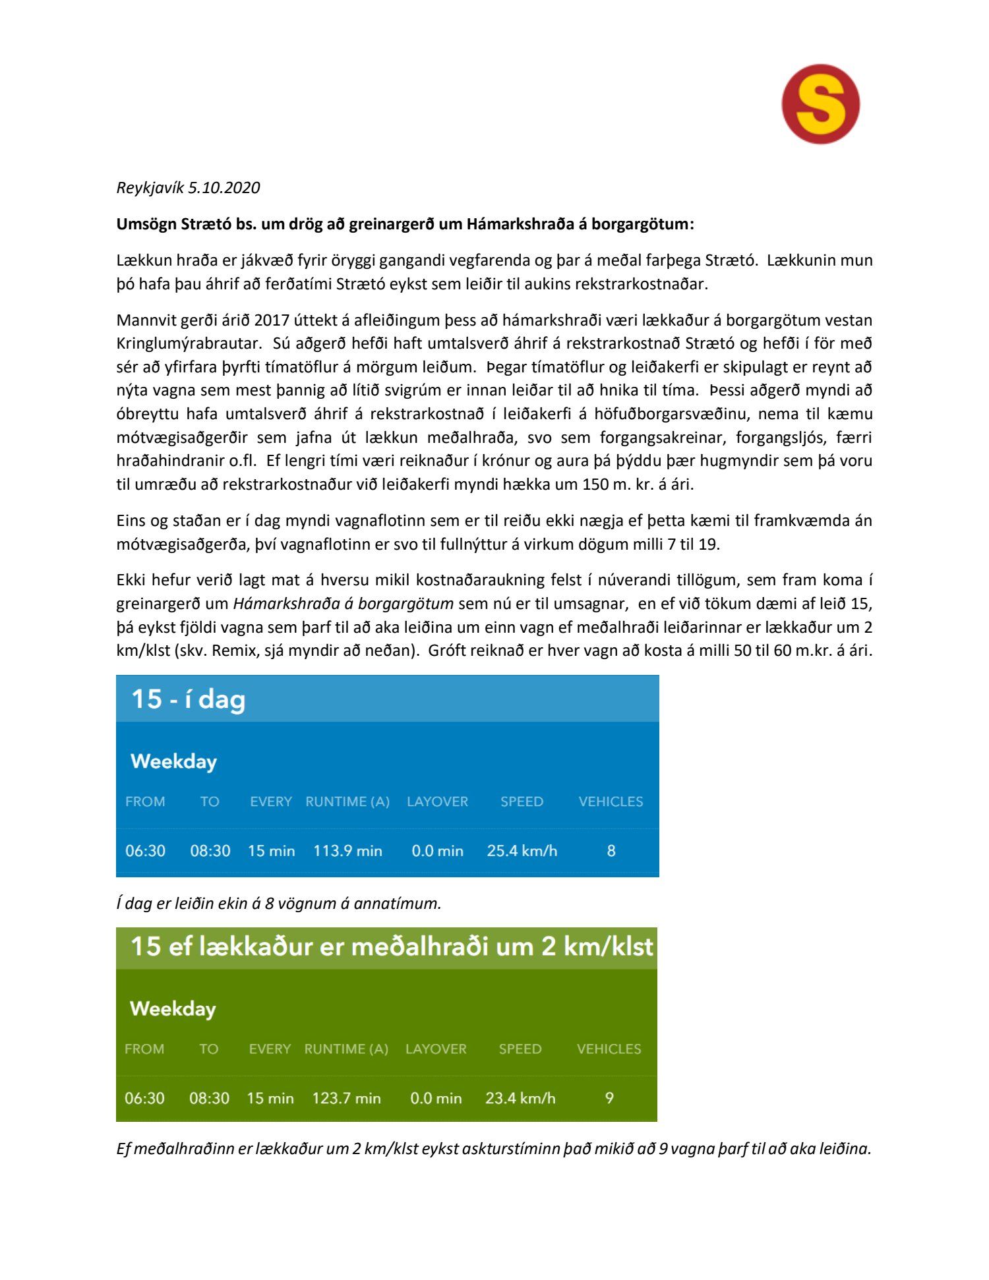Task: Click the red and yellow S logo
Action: pos(820,104)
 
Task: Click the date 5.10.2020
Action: pos(224,188)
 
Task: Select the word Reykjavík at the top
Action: pos(150,188)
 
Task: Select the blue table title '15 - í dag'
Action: pos(188,699)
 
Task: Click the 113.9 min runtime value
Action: pos(347,851)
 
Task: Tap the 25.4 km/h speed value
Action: pos(522,851)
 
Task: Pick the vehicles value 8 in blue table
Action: pos(611,851)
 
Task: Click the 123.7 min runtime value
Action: pos(346,1098)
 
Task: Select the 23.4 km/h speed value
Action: pos(520,1098)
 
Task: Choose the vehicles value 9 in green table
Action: pos(609,1098)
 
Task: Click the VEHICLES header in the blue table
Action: pos(611,801)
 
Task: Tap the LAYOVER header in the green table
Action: pos(436,1049)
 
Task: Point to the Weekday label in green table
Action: pos(173,1008)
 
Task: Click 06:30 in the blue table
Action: pos(145,851)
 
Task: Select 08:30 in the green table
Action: pos(209,1098)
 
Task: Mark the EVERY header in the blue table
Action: pos(270,801)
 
